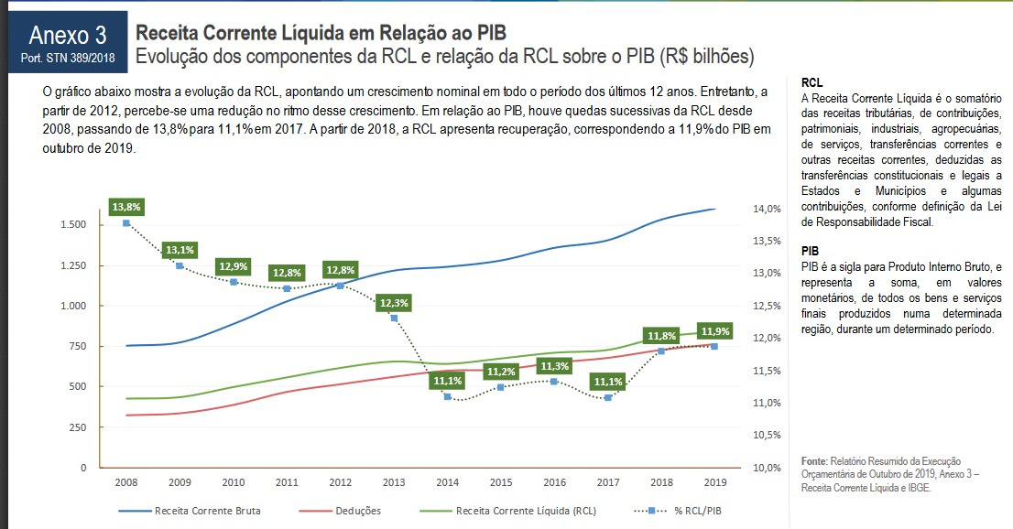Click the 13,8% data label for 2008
(126, 207)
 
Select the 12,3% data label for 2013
(394, 302)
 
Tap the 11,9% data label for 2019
(714, 331)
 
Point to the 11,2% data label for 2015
(501, 372)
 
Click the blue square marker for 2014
(448, 396)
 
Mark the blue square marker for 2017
(607, 397)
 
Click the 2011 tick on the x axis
(287, 482)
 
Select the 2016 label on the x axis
(554, 482)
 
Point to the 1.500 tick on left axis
(72, 224)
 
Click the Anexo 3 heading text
(67, 36)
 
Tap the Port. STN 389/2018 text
(67, 58)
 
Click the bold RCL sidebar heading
(811, 82)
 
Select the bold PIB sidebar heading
(810, 250)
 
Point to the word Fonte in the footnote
(813, 460)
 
